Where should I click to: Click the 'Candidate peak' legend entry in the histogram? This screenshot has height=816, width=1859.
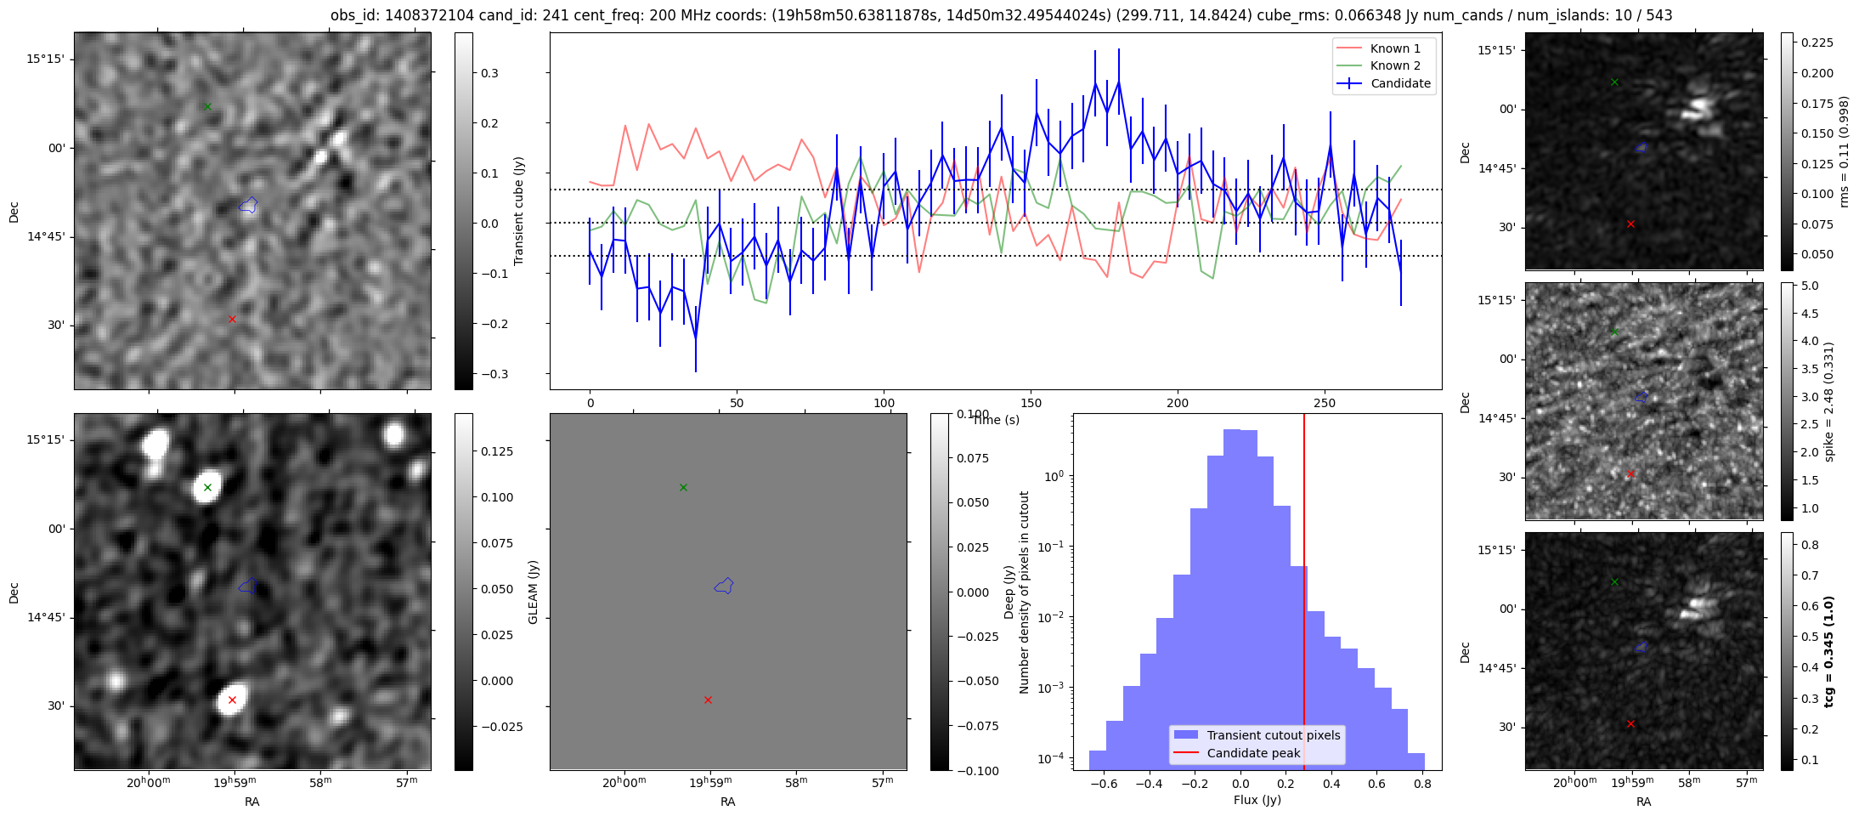(x=1253, y=753)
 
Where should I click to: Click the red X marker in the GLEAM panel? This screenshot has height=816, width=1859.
(x=708, y=700)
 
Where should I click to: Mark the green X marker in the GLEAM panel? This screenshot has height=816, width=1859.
(x=683, y=488)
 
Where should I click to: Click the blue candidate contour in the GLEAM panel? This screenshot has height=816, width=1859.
(x=724, y=586)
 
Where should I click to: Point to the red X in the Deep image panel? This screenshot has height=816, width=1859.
(x=232, y=700)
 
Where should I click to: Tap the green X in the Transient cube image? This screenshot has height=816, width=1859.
(x=207, y=106)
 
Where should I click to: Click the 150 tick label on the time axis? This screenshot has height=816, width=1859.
(x=1031, y=404)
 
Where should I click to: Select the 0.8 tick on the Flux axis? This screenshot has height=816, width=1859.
(x=1422, y=785)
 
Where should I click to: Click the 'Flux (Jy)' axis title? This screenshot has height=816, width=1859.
(x=1257, y=800)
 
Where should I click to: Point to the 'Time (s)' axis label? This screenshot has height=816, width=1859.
(x=996, y=420)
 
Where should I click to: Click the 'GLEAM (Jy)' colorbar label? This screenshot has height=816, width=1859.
(x=534, y=592)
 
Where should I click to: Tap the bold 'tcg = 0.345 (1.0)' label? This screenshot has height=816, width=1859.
(x=1829, y=651)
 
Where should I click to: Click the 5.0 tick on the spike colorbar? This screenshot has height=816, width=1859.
(x=1811, y=286)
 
